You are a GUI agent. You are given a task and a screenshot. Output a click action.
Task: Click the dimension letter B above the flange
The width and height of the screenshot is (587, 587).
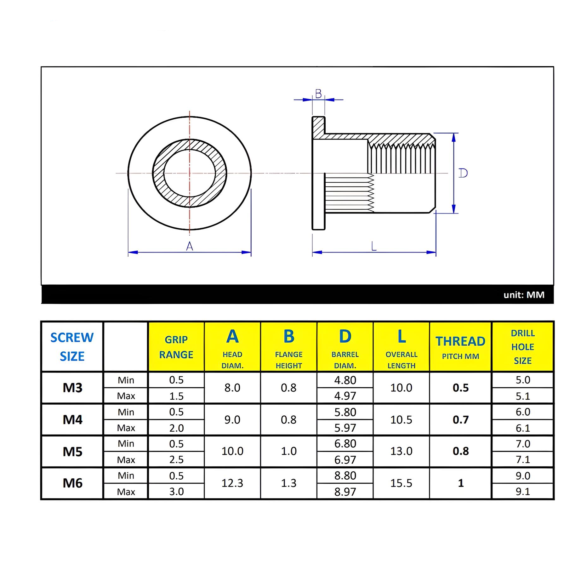coord(318,94)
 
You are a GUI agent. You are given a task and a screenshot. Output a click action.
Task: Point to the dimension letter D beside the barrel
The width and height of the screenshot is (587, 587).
coord(463,173)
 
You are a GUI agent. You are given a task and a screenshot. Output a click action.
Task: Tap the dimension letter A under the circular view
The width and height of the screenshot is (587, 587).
coord(190,246)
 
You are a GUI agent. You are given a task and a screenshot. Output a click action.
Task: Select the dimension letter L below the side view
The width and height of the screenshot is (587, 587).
coord(374,246)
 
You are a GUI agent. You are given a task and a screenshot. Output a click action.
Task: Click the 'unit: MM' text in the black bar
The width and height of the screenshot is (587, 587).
coord(524,295)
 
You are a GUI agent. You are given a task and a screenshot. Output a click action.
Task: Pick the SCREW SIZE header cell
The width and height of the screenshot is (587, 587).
coord(72,347)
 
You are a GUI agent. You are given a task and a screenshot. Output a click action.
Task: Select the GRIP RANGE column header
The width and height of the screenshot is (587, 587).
coord(176,347)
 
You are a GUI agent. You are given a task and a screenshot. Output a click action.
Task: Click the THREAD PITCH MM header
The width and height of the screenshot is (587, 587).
coord(460,347)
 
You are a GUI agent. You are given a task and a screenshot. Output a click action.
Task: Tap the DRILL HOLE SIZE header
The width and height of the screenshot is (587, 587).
coord(523,347)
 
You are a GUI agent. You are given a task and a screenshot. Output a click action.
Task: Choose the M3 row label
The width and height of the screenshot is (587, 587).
coord(72,388)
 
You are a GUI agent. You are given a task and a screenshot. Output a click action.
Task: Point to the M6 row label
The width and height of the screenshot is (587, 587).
coord(72,483)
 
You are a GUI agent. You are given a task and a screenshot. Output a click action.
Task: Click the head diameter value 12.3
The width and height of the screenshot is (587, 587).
coord(232,483)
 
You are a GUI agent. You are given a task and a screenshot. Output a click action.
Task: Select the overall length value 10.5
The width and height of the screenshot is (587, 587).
coord(401,420)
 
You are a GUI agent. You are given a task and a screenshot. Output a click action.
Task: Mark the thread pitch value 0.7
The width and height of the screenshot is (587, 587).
coord(460,420)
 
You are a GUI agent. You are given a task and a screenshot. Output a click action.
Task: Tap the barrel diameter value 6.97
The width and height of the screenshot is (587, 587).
coord(345,460)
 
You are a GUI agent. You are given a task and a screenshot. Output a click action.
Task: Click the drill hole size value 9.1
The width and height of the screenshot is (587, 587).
coord(523,491)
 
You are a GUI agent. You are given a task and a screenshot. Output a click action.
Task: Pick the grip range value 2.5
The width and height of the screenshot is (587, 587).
coord(176,460)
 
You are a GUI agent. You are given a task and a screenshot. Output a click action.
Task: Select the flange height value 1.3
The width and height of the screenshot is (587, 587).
coord(289,483)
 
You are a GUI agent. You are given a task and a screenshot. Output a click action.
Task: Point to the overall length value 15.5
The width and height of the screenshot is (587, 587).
coord(401,483)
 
